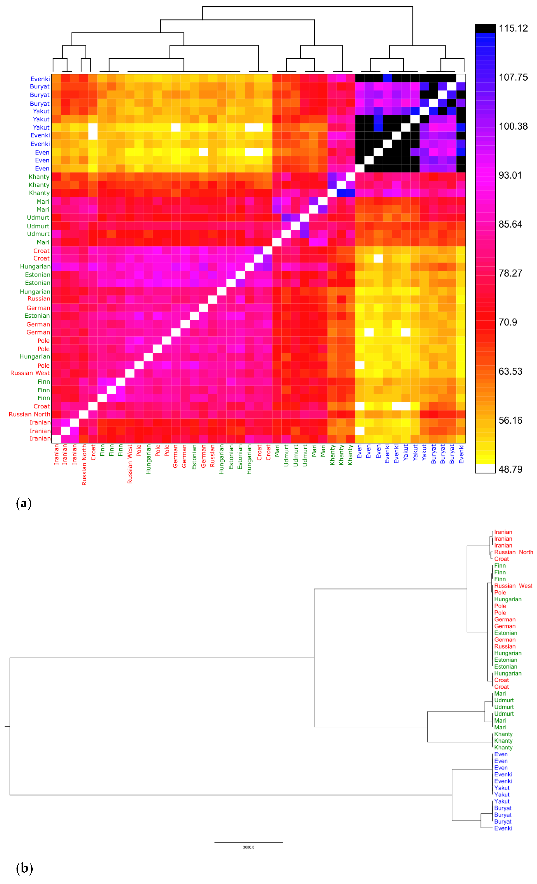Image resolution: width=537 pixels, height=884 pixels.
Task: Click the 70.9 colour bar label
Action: point(508,322)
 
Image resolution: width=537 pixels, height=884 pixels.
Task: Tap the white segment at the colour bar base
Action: point(485,469)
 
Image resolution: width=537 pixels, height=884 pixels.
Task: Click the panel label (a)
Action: point(24,503)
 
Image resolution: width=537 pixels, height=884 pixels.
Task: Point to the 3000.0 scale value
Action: point(248,847)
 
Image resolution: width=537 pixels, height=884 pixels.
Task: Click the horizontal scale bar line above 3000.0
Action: point(248,842)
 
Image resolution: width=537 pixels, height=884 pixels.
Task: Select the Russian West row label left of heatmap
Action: point(30,373)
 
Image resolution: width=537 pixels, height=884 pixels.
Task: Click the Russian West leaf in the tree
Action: point(513,586)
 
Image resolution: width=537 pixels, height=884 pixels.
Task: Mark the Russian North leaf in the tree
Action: point(513,552)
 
